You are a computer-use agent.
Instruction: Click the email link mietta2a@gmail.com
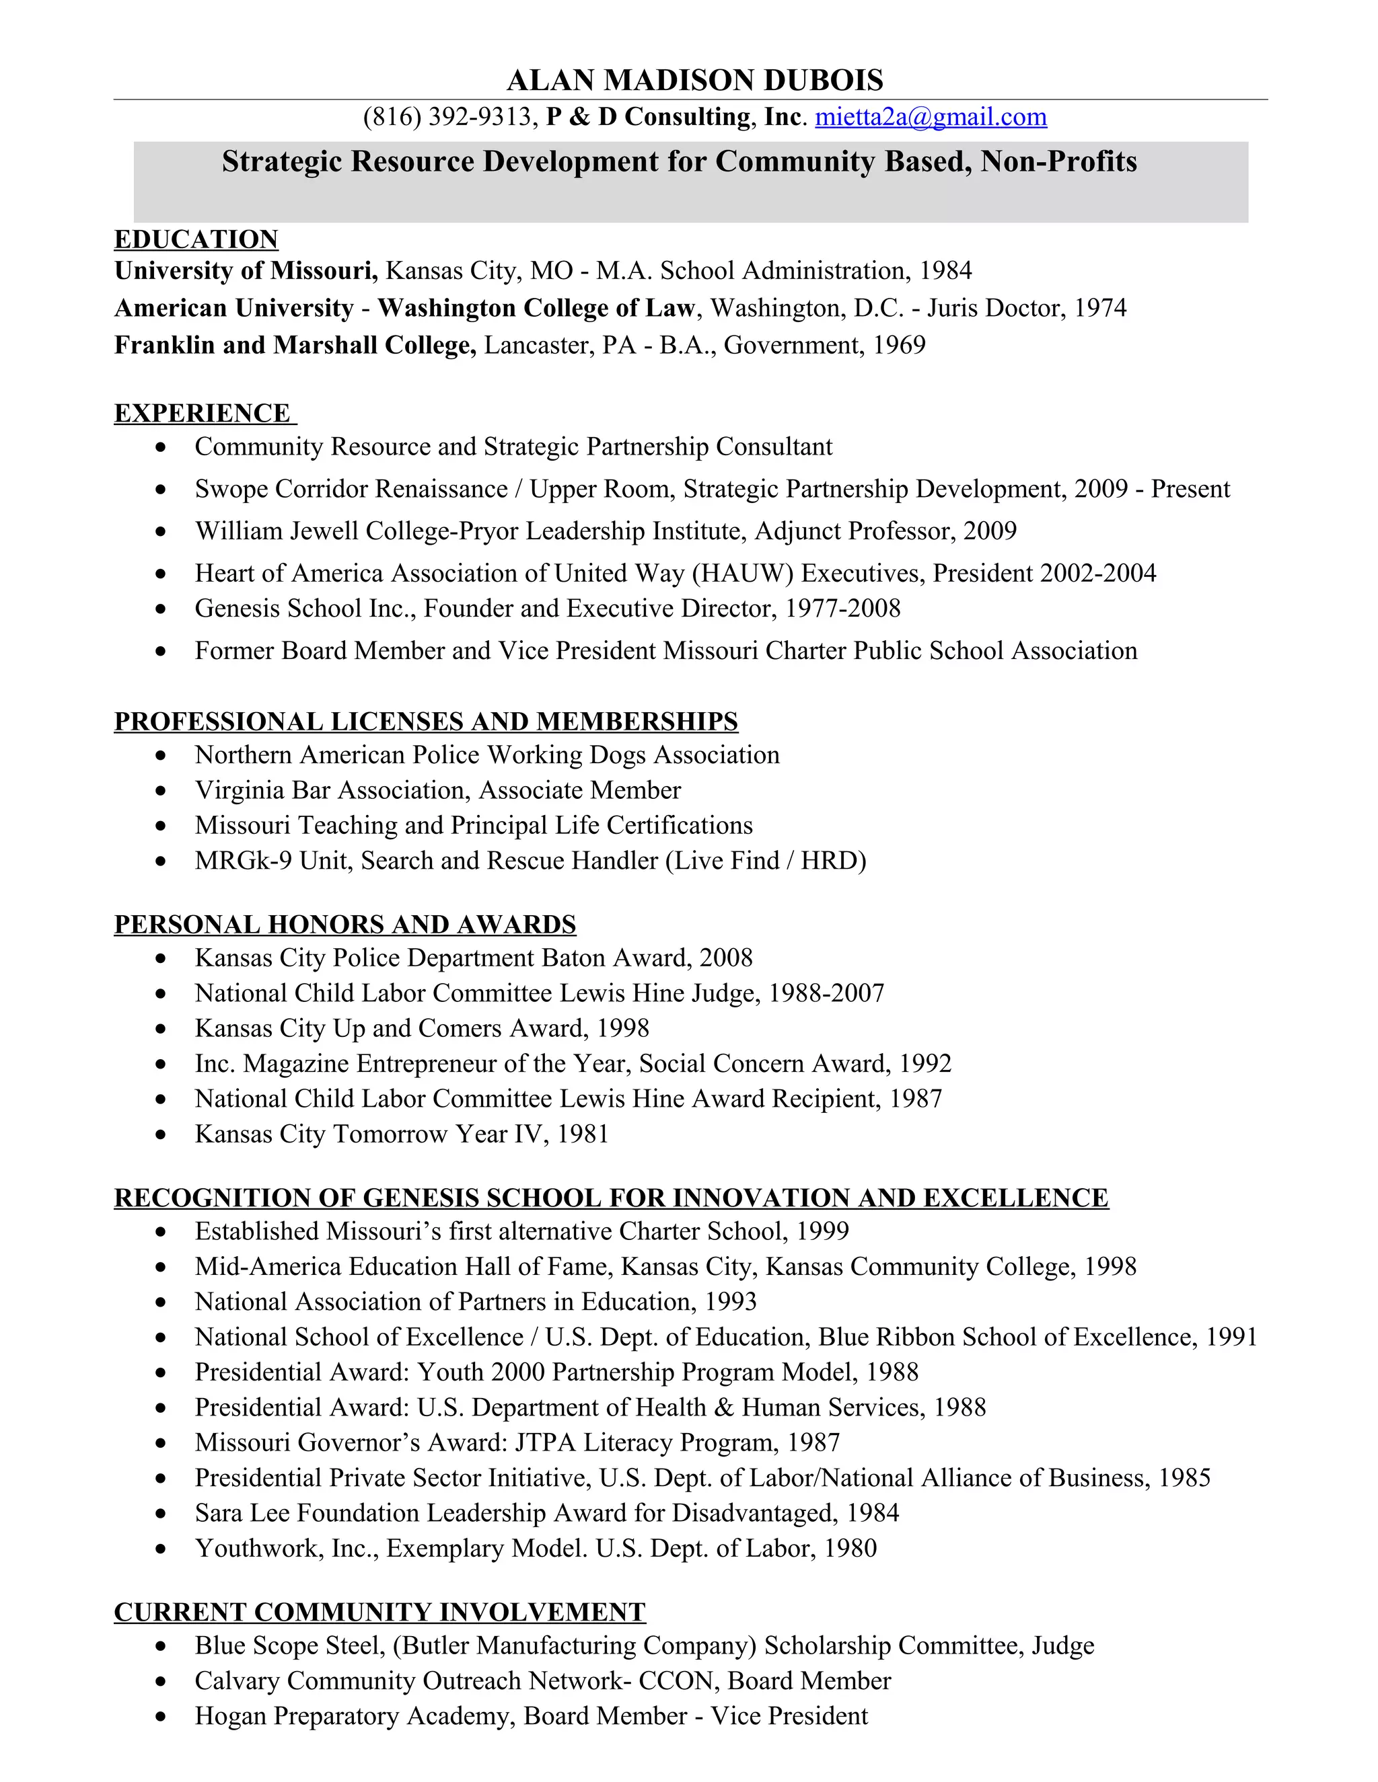(931, 118)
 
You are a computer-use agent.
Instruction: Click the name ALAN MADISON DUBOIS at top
(694, 80)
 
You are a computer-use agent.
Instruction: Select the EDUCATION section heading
(196, 239)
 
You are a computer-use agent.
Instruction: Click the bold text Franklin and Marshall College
(295, 345)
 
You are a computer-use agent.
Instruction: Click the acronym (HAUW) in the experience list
(742, 573)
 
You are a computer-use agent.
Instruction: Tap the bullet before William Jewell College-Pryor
(161, 531)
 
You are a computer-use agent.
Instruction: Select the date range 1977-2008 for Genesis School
(842, 608)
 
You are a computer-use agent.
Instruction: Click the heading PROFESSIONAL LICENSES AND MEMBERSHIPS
(425, 722)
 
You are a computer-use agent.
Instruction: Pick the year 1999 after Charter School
(822, 1231)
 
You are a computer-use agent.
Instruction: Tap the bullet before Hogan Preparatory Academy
(161, 1717)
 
